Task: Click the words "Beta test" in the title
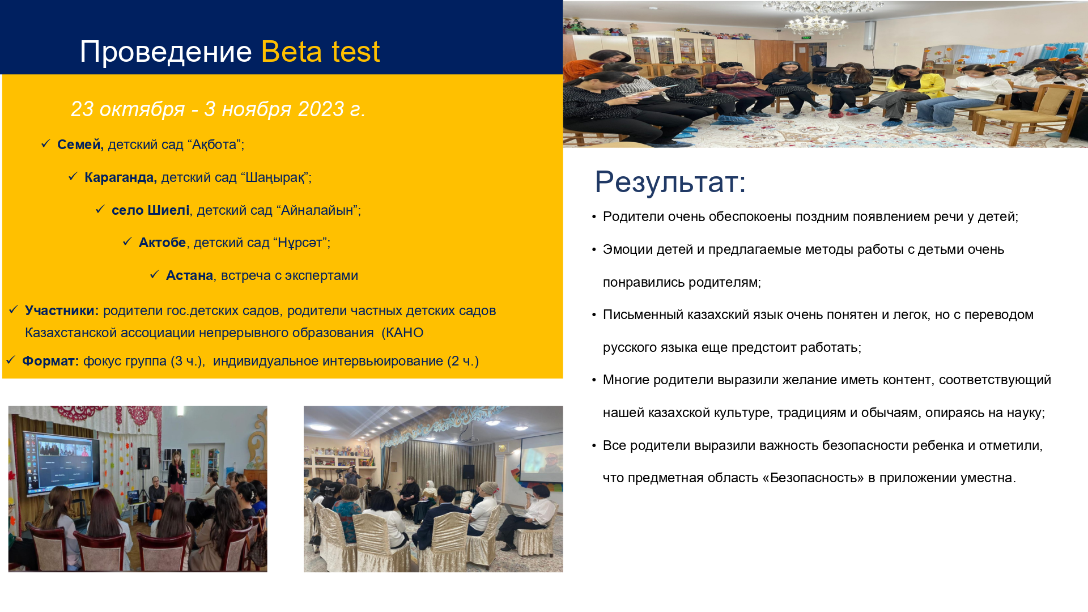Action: tap(320, 52)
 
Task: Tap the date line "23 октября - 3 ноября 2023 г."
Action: tap(218, 109)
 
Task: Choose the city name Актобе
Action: tap(163, 243)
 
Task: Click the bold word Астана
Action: tap(190, 275)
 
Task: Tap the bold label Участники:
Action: tap(62, 311)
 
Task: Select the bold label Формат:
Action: tap(50, 361)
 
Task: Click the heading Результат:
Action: tap(670, 182)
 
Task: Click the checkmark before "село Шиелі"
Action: tap(100, 210)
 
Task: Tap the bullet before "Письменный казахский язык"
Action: tap(594, 315)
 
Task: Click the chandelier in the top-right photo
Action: tap(815, 20)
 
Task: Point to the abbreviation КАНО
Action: tap(405, 333)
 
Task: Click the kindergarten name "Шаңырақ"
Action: tap(274, 177)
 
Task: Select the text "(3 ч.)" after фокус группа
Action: tap(188, 361)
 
